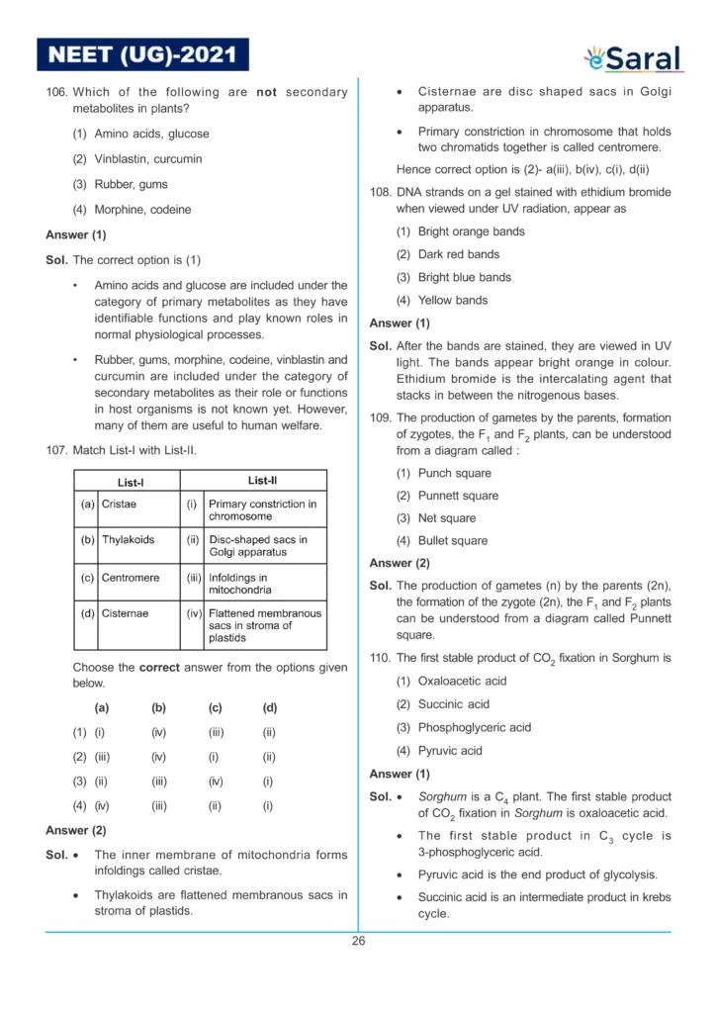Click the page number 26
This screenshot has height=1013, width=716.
click(x=358, y=941)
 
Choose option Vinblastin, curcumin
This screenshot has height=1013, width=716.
click(x=147, y=158)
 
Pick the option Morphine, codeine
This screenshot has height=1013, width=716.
click(x=142, y=210)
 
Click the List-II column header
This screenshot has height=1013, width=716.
click(x=262, y=481)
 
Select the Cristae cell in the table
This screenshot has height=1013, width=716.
click(x=120, y=504)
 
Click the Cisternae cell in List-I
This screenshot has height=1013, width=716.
click(x=126, y=613)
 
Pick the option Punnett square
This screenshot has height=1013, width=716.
click(x=458, y=496)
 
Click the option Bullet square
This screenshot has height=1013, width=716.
click(x=452, y=541)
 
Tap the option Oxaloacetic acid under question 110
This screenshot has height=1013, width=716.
click(x=462, y=681)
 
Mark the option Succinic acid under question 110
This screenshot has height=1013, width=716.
click(x=453, y=704)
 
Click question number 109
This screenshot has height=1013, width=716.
click(x=381, y=417)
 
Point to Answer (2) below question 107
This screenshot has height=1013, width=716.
click(x=76, y=830)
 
